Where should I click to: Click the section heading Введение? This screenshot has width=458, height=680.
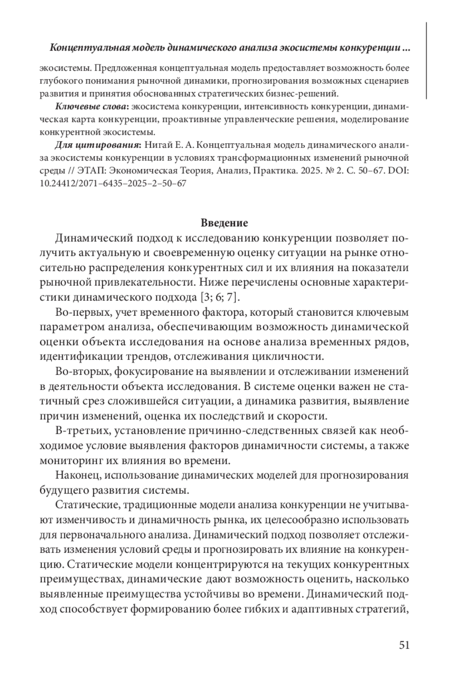(x=224, y=223)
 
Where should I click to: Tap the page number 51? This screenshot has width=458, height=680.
(x=404, y=645)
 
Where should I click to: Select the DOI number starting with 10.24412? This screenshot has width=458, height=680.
(x=113, y=183)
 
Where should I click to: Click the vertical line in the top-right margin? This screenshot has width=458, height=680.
(x=426, y=61)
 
